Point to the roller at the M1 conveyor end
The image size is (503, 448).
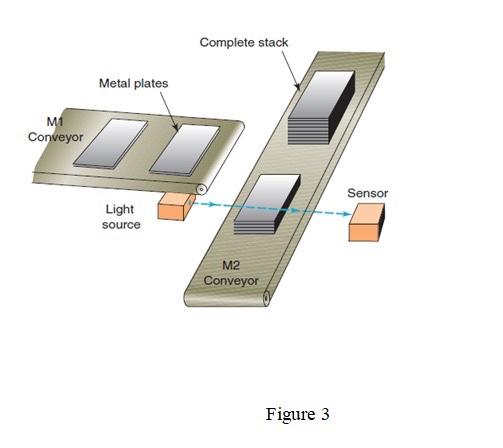tap(201, 188)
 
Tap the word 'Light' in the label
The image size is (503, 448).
tap(121, 210)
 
